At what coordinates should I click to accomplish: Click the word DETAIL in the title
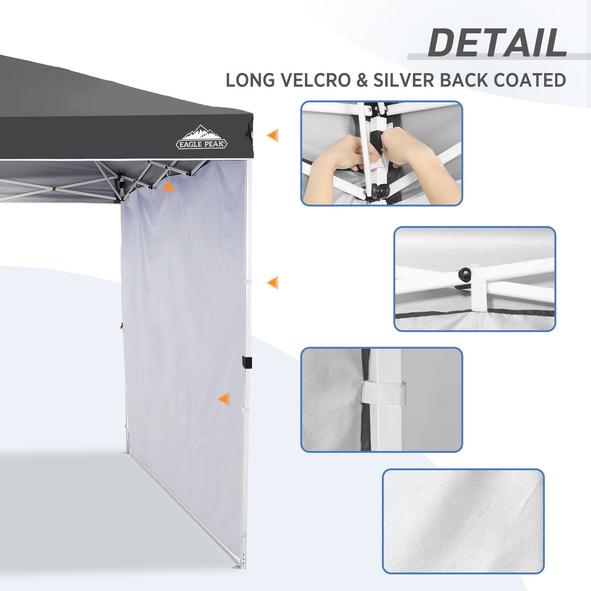(497, 43)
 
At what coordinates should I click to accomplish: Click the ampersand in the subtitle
(362, 80)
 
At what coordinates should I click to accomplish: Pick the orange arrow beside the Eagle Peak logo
(273, 135)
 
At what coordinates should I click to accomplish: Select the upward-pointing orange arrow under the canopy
(168, 186)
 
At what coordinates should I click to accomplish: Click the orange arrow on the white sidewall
(224, 399)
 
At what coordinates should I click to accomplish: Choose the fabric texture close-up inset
(463, 521)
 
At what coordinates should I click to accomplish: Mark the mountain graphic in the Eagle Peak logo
(201, 132)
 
